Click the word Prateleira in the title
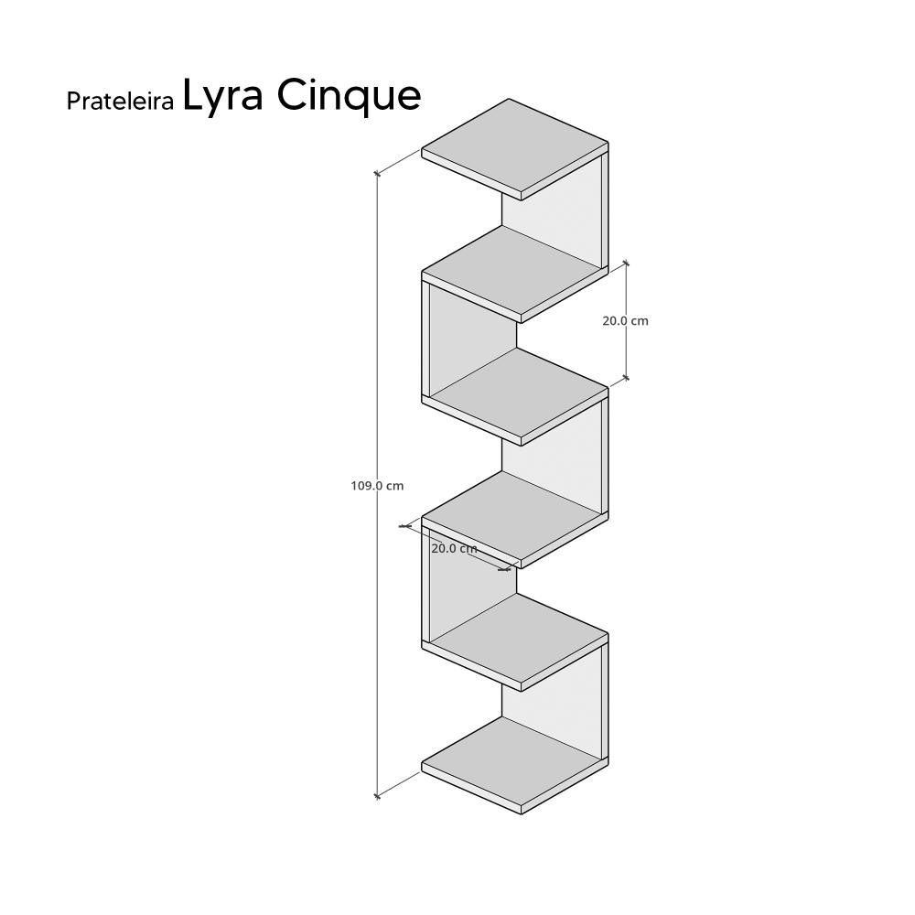(120, 102)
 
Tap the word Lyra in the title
(223, 95)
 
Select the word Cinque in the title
(350, 95)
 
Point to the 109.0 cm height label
(377, 486)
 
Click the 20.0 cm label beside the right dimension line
(626, 321)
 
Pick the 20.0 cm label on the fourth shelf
(454, 549)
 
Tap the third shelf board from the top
(518, 393)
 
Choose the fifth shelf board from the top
(518, 640)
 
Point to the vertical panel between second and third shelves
(471, 339)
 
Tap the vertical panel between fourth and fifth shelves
(471, 586)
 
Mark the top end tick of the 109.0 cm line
(377, 172)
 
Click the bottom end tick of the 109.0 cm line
(377, 796)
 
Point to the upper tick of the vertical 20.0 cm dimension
(626, 264)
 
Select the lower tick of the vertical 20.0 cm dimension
(626, 376)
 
